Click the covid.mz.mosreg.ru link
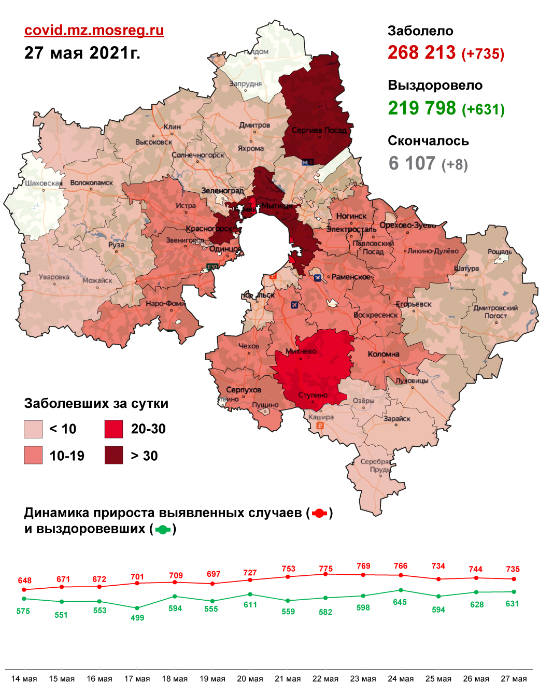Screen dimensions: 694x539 click(94, 30)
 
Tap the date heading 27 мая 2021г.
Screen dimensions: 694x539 click(82, 53)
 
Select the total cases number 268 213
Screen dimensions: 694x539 click(421, 52)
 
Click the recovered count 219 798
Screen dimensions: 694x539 click(422, 108)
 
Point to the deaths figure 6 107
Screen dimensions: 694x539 click(412, 163)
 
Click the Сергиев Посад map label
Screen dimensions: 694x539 click(319, 130)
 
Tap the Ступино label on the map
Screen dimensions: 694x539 click(313, 395)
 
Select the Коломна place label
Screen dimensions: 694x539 click(384, 354)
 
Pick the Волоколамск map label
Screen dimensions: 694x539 click(91, 182)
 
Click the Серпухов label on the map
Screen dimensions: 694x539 click(244, 390)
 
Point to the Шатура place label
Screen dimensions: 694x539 click(466, 268)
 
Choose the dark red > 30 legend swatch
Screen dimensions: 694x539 click(114, 455)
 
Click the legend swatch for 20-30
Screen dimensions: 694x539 click(114, 429)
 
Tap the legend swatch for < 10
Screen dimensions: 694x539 click(33, 429)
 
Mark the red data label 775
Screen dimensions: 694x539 click(325, 569)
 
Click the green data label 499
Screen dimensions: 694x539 click(137, 617)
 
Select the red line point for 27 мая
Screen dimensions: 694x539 click(514, 579)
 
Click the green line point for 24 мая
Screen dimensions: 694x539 click(401, 590)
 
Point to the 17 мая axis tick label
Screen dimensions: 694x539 click(137, 678)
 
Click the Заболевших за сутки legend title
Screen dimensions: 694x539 click(96, 403)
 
